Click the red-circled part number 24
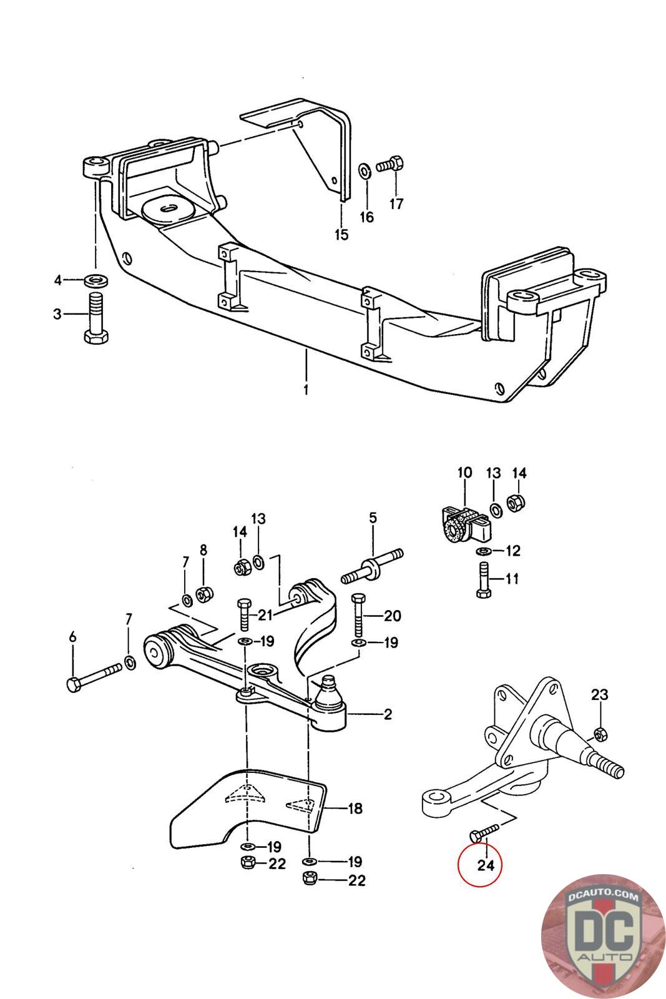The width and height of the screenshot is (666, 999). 486,865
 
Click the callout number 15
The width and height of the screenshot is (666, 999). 341,234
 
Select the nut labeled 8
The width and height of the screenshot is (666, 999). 202,595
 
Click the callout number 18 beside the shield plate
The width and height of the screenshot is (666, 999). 355,809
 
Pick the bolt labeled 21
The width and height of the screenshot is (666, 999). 243,614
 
